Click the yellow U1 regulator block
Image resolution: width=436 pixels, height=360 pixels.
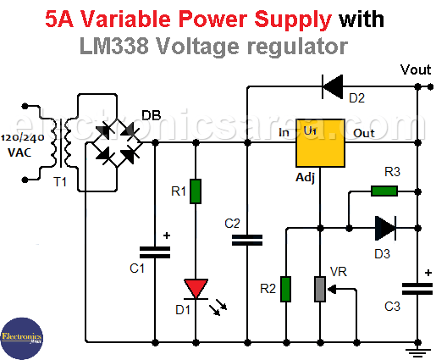click(320, 143)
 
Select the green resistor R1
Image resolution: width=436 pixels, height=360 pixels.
click(196, 191)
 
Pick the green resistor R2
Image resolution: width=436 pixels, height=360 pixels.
click(286, 289)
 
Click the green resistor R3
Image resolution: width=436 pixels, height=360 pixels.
click(384, 191)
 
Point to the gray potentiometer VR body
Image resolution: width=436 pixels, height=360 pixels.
click(320, 289)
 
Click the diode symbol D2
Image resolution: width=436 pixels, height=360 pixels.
click(333, 86)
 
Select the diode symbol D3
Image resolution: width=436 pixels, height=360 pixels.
click(385, 228)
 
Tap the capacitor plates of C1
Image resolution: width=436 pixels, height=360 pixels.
click(155, 252)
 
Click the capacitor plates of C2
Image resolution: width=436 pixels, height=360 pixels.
click(247, 240)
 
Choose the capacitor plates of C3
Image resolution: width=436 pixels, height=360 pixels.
click(417, 289)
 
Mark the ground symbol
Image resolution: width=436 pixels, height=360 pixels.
click(418, 353)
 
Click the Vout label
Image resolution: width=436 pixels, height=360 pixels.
click(416, 69)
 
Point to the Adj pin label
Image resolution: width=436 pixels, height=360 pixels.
click(305, 178)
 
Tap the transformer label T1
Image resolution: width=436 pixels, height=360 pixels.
click(60, 182)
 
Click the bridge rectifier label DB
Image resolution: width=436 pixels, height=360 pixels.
click(152, 115)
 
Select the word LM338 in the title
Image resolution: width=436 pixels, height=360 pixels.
click(114, 47)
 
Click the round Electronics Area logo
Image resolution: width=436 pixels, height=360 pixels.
click(22, 339)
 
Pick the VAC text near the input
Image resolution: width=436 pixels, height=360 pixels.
click(19, 152)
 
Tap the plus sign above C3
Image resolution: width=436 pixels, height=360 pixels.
click(428, 273)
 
